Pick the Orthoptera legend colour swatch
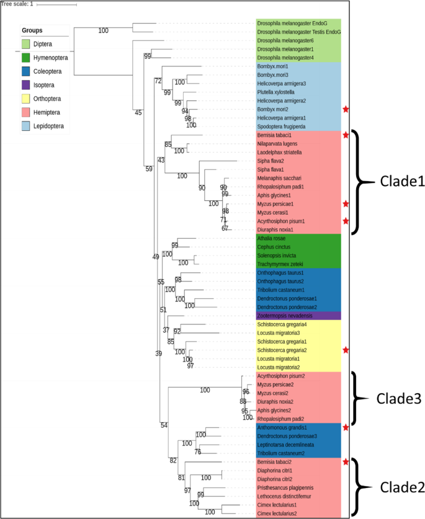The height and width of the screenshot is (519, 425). click(x=25, y=99)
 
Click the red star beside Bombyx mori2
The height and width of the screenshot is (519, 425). click(x=346, y=109)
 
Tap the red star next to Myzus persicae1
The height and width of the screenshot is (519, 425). click(x=346, y=204)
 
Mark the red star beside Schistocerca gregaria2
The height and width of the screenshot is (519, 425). click(x=346, y=350)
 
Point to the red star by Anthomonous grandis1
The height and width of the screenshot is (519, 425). click(x=346, y=427)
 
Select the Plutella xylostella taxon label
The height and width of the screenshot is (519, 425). click(x=275, y=91)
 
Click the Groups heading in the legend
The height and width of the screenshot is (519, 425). click(x=33, y=30)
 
